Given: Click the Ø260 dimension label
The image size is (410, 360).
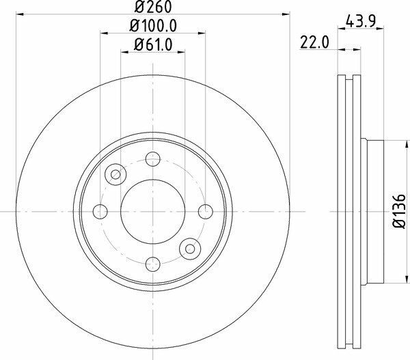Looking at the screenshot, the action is point(153,7).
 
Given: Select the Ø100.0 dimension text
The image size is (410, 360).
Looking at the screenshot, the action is point(153,26).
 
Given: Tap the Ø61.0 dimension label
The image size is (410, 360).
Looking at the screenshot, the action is point(153,44).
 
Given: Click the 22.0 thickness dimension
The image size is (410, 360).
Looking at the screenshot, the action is point(314,42).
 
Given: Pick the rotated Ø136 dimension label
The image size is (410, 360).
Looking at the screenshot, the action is point(400,211).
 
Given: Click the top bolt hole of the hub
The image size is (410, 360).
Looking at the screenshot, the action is point(153,159).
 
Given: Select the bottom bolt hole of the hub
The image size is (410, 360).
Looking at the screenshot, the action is point(153,264).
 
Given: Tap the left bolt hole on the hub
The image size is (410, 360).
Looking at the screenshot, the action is point(100,212).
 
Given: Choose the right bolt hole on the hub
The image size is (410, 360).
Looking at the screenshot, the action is point(206,212).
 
